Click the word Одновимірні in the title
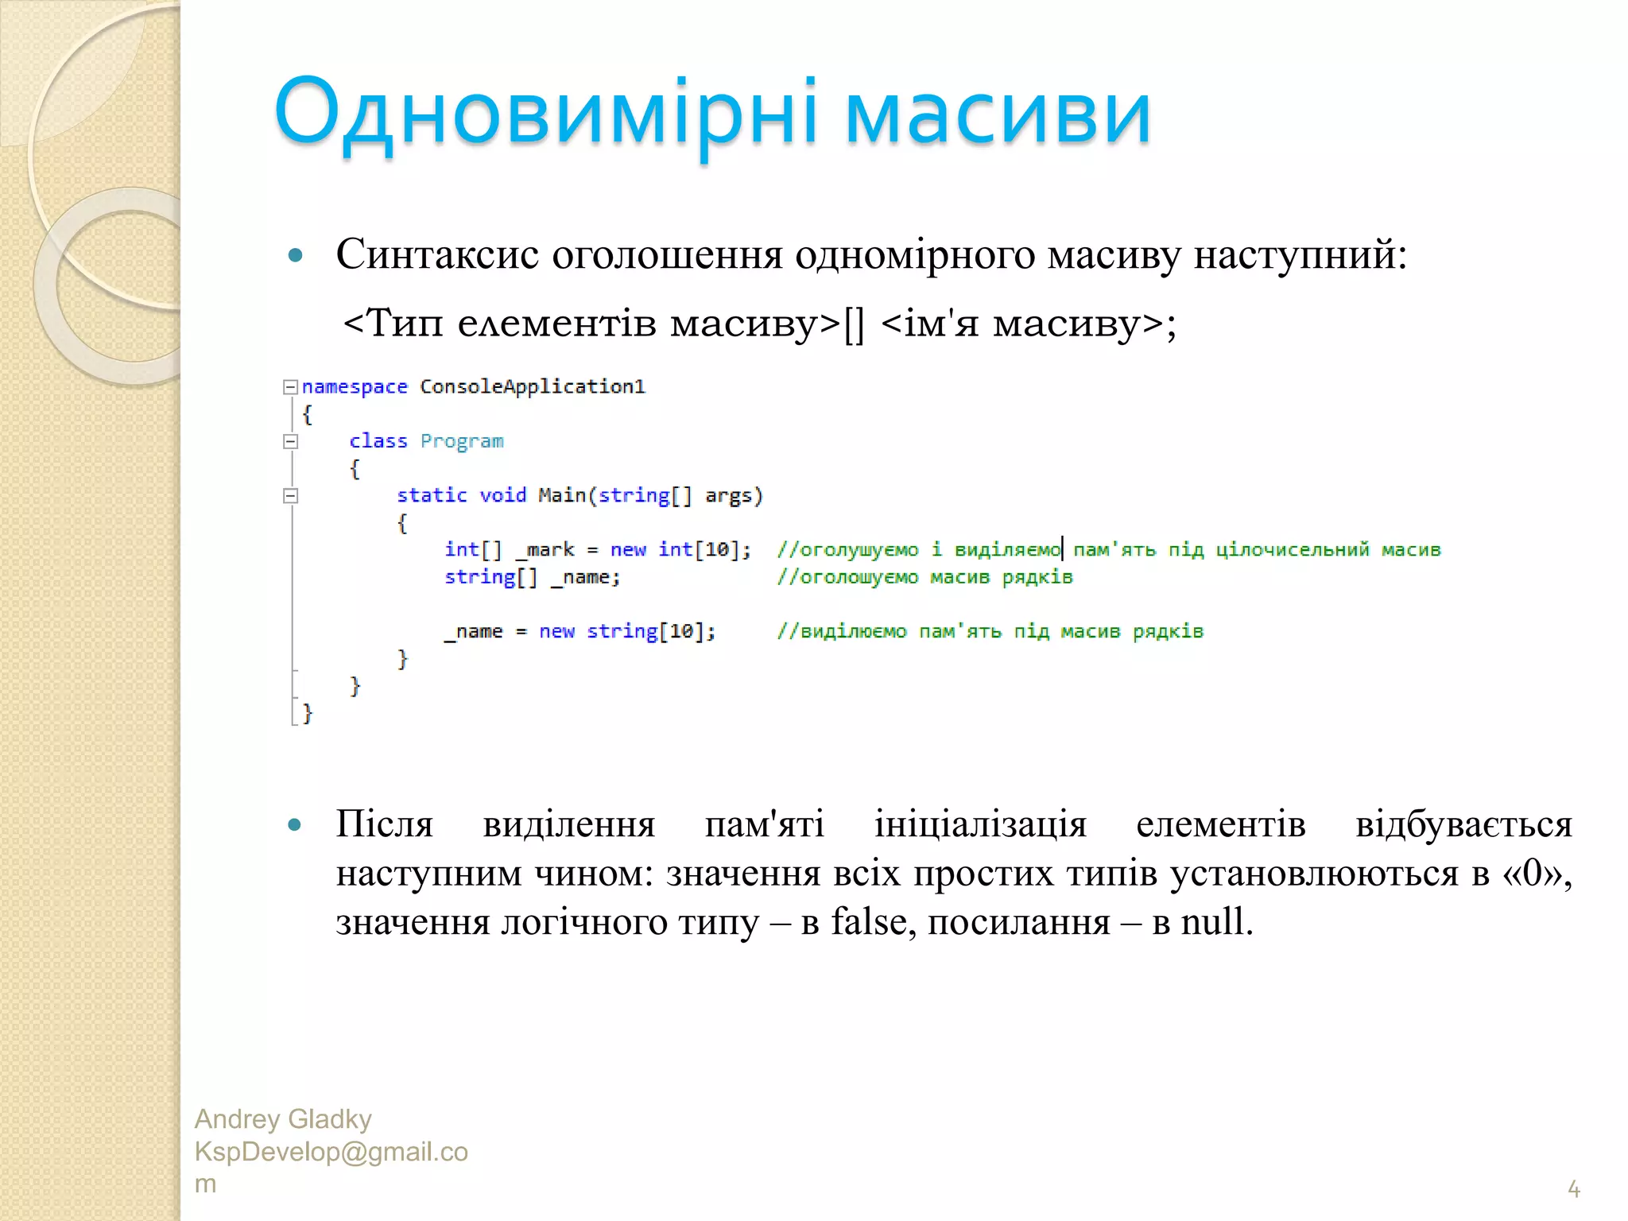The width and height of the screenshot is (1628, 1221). (545, 113)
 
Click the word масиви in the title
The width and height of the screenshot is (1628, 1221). (998, 113)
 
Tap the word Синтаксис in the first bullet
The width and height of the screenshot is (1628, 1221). (437, 255)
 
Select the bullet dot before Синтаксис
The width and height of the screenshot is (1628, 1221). (296, 256)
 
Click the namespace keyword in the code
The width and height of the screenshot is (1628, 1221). (355, 387)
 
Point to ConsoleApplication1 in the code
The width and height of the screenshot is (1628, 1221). (533, 387)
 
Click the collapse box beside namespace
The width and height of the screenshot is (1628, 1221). (291, 387)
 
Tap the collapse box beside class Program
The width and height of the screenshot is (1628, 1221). (291, 441)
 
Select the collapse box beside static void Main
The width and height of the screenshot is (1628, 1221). (291, 496)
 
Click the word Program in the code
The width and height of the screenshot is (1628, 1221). (462, 441)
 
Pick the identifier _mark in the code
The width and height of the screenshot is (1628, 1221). (545, 549)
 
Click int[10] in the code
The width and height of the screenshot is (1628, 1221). (703, 549)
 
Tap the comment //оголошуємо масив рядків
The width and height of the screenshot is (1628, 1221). (924, 577)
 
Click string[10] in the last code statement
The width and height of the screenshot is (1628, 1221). (649, 631)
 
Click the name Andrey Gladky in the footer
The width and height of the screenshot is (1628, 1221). (283, 1119)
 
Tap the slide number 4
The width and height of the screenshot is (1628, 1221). (1573, 1189)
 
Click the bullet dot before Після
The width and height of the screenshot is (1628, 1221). (295, 825)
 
